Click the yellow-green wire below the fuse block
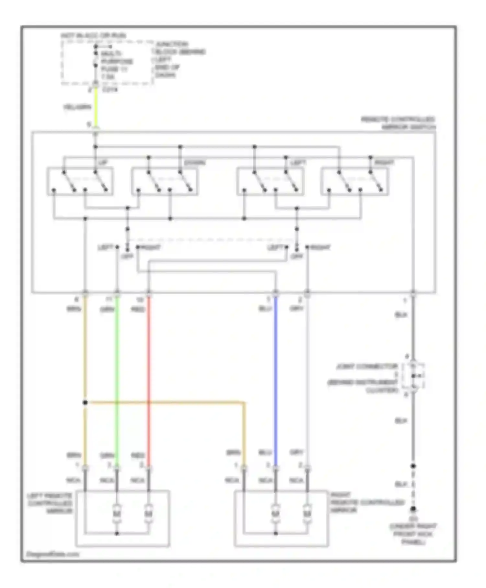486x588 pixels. [x=96, y=107]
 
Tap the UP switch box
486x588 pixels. [x=80, y=182]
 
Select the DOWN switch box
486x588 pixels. [x=164, y=182]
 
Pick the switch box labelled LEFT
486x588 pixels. [x=270, y=182]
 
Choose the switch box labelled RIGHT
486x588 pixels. [x=354, y=182]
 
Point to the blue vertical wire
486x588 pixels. [x=276, y=373]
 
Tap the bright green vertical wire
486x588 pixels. [x=117, y=373]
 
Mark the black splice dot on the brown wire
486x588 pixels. [x=85, y=403]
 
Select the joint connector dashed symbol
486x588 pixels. [x=413, y=376]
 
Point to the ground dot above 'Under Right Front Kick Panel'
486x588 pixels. [x=413, y=509]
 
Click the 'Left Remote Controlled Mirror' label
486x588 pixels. [x=50, y=503]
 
